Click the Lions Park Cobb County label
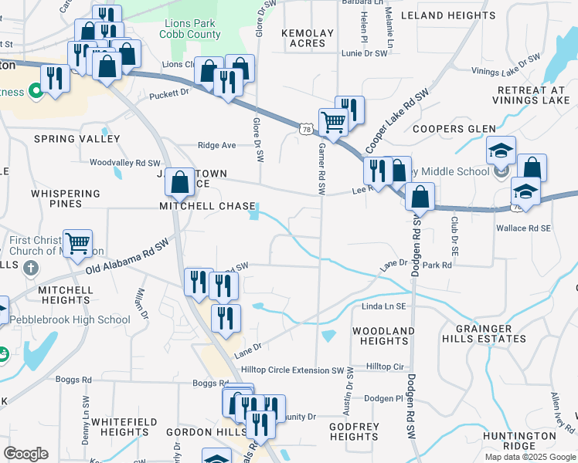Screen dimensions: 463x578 pos(191,29)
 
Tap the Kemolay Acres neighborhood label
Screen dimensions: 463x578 pos(308,39)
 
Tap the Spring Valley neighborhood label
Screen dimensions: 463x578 pos(76,139)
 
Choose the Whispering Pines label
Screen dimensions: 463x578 pos(66,198)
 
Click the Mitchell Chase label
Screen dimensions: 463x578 pos(207,207)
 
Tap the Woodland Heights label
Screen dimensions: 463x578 pos(379,336)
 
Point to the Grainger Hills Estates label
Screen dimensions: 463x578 pos(484,333)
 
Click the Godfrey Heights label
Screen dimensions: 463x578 pos(353,431)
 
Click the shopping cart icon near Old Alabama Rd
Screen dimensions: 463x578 pos(77,244)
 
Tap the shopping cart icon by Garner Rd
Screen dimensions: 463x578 pos(333,121)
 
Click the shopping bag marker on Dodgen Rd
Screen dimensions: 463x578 pos(420,197)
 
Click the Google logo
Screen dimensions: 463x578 pos(25,454)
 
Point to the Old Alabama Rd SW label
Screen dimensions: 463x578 pos(127,257)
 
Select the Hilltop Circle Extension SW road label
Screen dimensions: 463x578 pos(292,370)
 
